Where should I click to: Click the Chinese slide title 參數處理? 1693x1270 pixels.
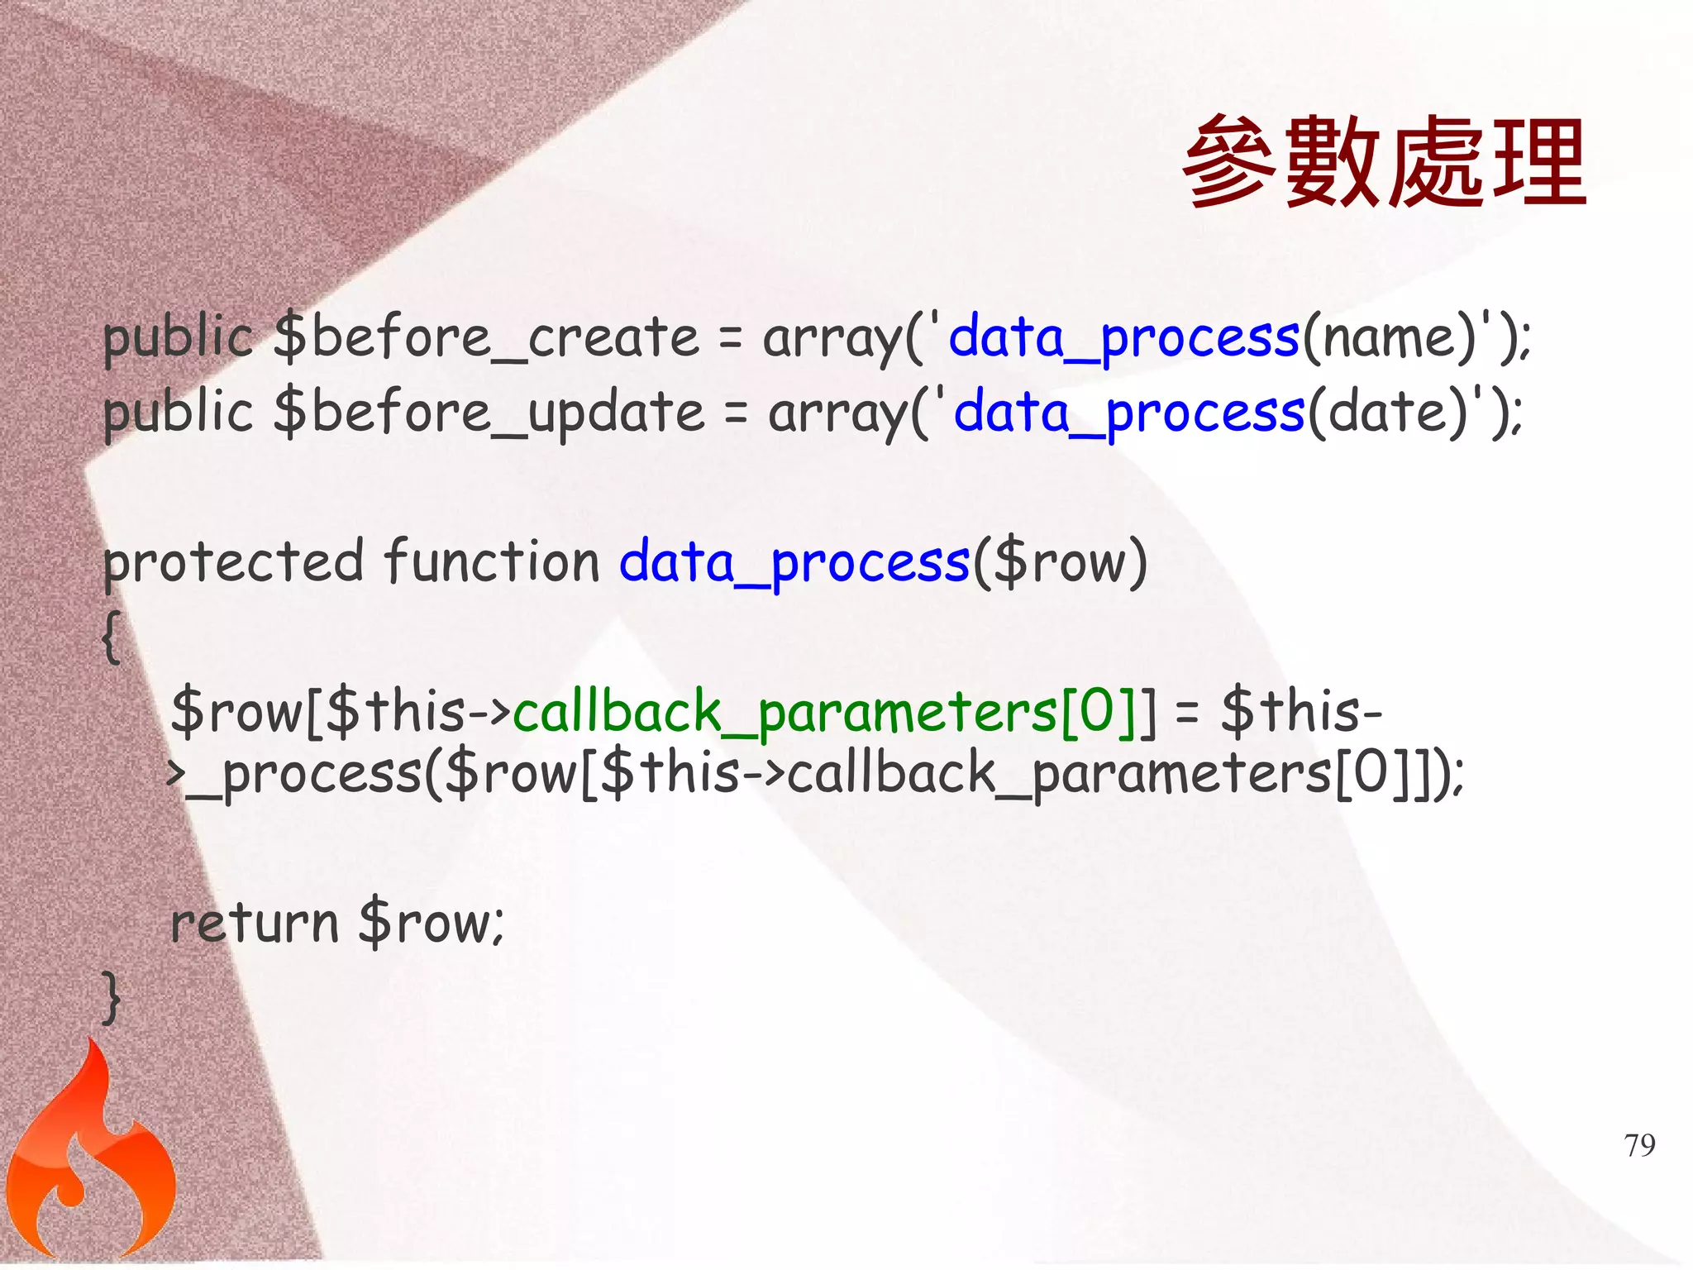[1384, 162]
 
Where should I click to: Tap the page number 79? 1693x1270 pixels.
[1639, 1145]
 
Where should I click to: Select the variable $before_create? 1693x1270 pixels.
[486, 339]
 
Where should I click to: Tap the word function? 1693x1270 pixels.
[492, 562]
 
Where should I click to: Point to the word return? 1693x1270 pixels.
[255, 923]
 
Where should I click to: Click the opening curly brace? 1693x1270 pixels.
[112, 637]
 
